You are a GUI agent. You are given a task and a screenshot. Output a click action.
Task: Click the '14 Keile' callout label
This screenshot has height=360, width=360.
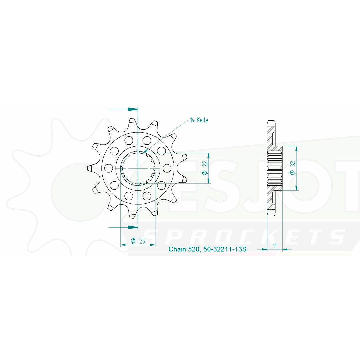pos(199,120)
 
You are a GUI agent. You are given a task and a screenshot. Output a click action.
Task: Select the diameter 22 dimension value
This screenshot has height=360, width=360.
pos(205,164)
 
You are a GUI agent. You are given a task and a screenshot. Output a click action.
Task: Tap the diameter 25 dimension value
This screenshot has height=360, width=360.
pos(142,241)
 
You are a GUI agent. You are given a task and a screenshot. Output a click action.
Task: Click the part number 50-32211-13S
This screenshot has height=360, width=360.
pos(224,249)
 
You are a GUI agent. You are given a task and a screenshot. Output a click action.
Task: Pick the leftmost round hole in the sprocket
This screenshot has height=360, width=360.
pos(108,168)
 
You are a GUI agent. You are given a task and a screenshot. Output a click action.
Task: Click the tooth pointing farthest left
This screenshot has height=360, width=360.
pos(90,168)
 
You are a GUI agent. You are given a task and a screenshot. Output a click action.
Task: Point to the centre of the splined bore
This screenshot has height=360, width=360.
pos(138,168)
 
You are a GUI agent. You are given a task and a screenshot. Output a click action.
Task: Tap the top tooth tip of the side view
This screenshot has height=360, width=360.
pos(272,122)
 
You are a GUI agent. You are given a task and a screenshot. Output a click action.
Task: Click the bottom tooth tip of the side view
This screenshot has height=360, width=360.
pos(272,214)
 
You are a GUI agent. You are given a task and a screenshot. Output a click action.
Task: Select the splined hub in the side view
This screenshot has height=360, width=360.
pos(275,168)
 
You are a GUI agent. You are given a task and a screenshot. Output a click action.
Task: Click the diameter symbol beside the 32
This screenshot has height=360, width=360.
pos(292,172)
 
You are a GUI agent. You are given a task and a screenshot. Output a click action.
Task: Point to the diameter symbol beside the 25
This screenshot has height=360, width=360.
pos(133,241)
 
